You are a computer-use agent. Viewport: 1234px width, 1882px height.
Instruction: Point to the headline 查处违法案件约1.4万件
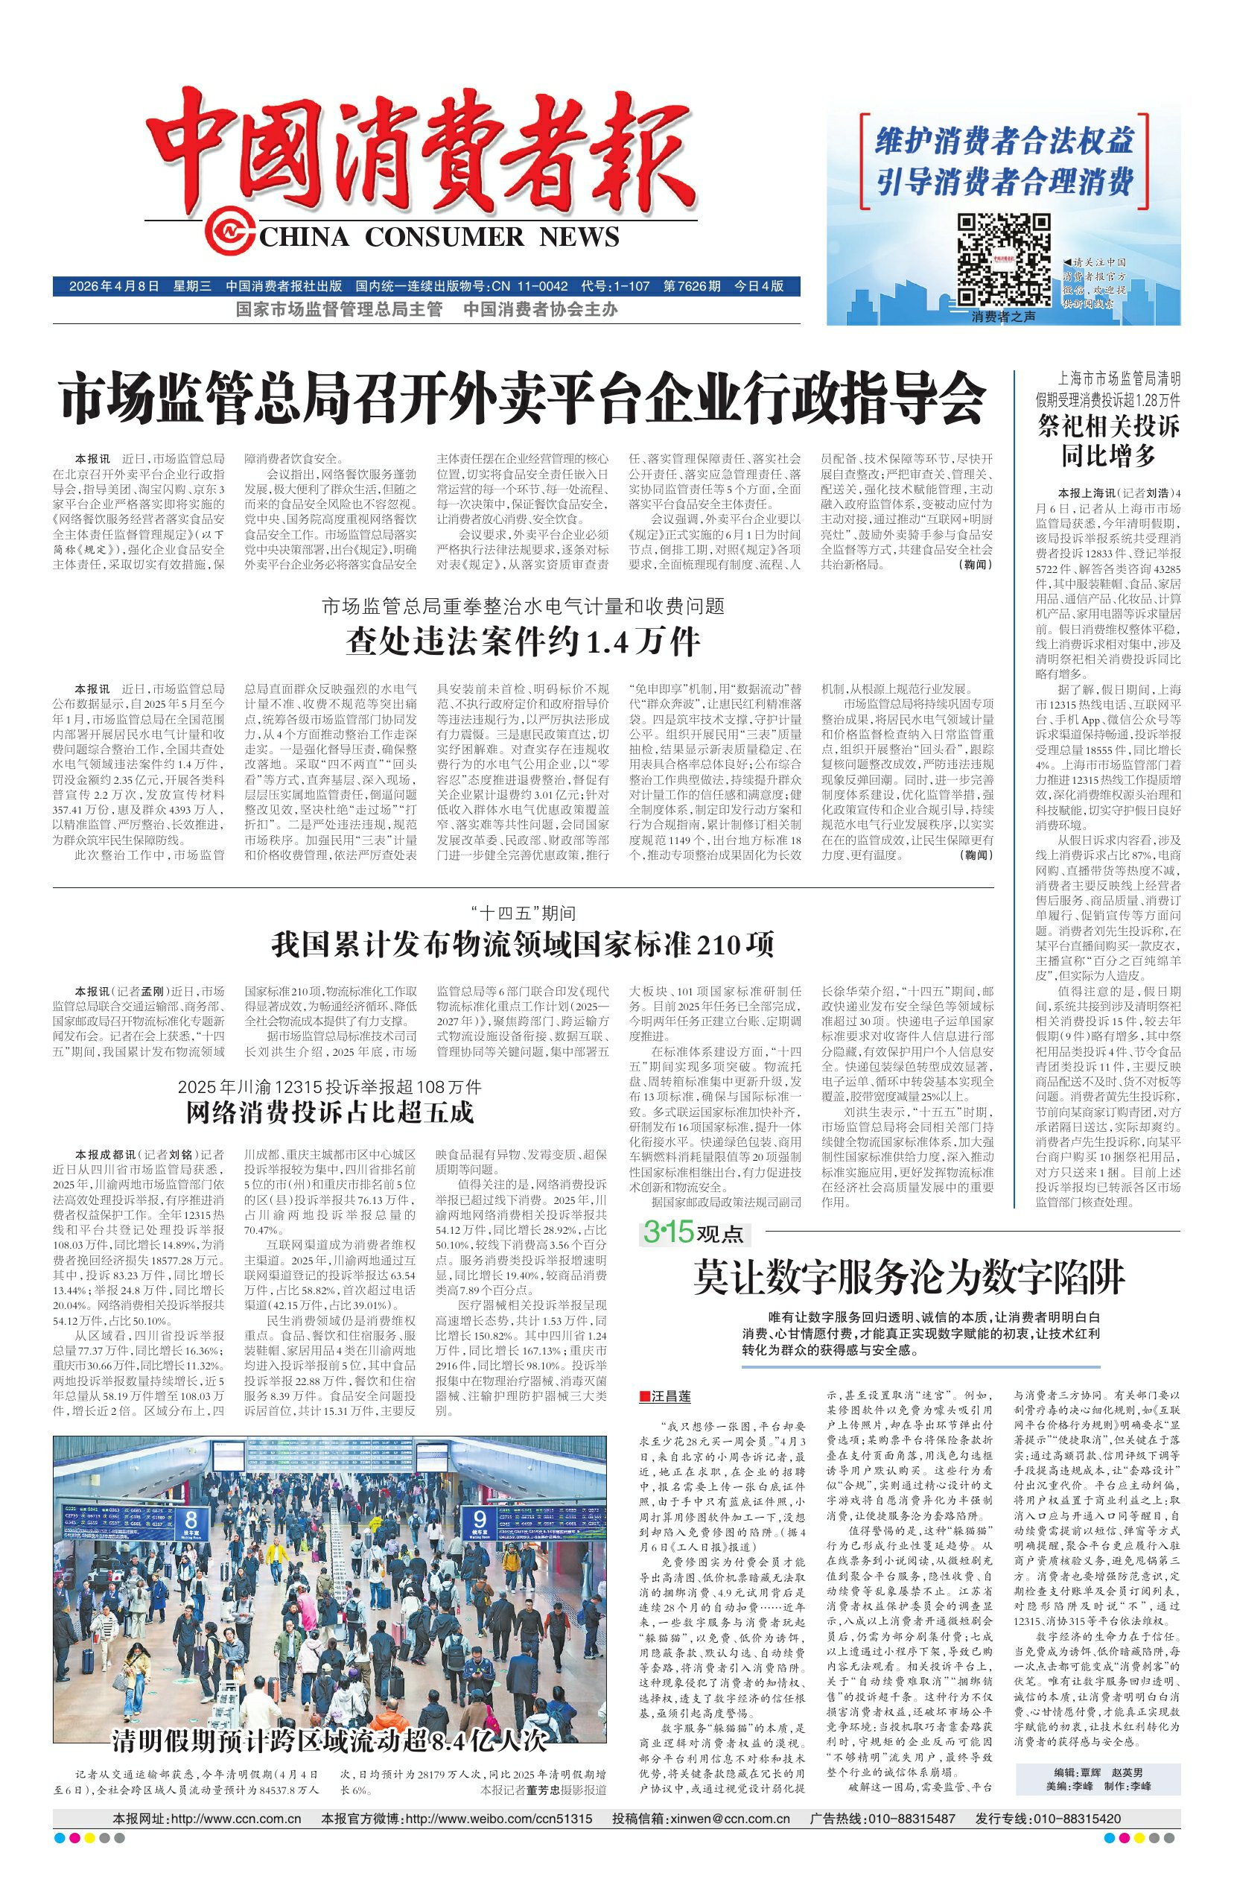524,641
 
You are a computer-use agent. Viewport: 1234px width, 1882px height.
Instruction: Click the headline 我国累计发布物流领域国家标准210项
524,944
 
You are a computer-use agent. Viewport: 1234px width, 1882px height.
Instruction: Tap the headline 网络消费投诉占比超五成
330,1112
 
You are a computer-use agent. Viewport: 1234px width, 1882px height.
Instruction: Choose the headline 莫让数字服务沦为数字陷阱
909,1279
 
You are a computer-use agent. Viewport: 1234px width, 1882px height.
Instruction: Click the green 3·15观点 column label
693,1233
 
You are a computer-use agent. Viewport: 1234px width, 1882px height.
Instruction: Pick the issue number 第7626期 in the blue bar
692,285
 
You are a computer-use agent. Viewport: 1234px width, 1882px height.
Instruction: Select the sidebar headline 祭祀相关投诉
1107,427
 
